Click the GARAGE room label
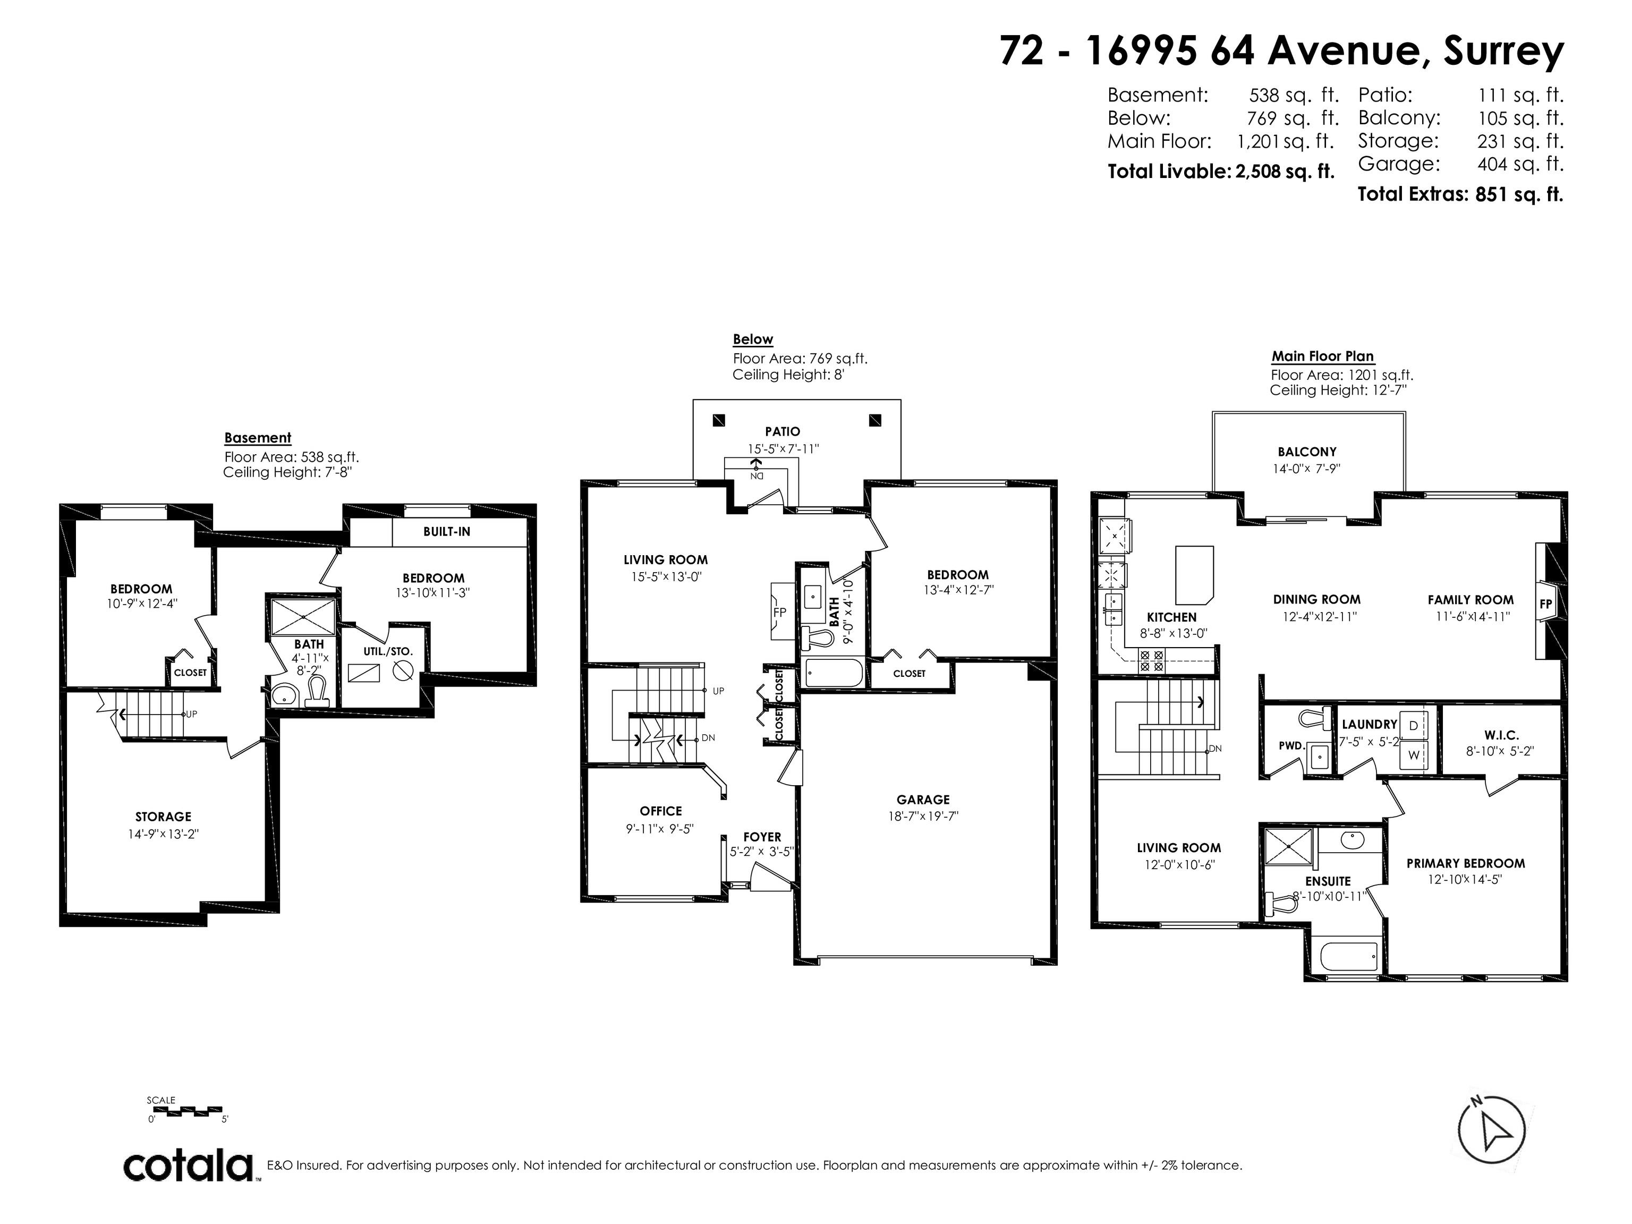click(x=923, y=799)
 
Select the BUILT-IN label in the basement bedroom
click(x=446, y=531)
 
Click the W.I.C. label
click(x=1501, y=735)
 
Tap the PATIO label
click(x=782, y=431)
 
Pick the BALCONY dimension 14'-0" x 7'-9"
click(x=1307, y=467)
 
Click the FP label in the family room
click(x=1546, y=603)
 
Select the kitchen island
click(x=1194, y=574)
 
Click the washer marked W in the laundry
click(x=1414, y=755)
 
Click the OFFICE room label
click(x=660, y=811)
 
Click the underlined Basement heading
click(x=258, y=438)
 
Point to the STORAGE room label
click(x=163, y=817)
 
